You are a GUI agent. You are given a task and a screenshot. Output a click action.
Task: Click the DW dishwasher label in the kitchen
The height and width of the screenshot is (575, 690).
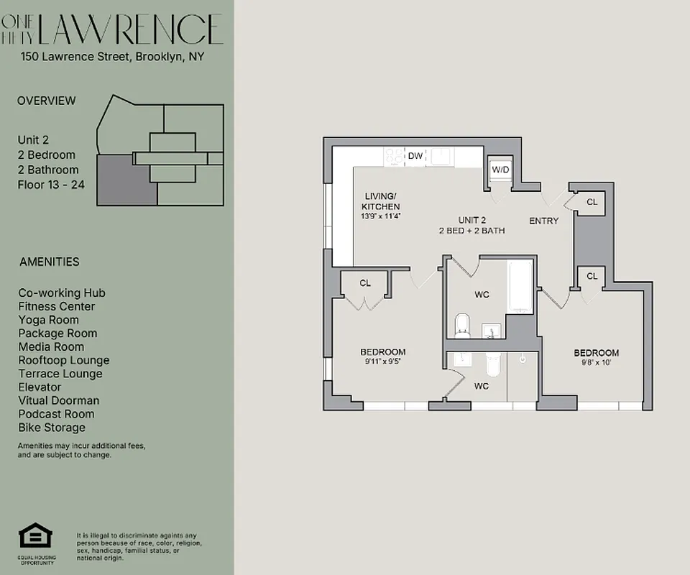click(x=415, y=155)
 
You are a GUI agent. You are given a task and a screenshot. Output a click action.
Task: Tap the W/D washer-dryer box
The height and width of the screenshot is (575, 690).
click(x=500, y=170)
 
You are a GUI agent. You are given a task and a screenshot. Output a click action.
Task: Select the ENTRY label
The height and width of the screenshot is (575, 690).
click(x=543, y=221)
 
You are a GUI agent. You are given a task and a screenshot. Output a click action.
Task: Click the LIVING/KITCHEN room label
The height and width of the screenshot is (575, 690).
click(x=380, y=201)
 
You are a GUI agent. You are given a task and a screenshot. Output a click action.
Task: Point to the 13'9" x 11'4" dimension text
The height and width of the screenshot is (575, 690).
click(x=380, y=216)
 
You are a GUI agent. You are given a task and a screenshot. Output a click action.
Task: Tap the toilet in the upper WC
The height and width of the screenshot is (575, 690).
click(x=463, y=325)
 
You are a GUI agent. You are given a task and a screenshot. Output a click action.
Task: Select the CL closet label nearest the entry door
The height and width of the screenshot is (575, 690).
click(x=592, y=203)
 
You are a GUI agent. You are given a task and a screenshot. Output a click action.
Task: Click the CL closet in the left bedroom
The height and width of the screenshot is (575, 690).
click(x=365, y=283)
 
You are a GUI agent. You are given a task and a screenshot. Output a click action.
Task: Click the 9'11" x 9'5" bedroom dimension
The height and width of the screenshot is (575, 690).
click(x=382, y=362)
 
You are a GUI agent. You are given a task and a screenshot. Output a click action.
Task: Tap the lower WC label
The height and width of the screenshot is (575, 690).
click(x=482, y=386)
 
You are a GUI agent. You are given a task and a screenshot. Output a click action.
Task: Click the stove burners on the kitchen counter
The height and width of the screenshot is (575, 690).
click(x=395, y=155)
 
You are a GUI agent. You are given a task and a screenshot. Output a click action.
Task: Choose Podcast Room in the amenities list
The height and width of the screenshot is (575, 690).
click(x=56, y=414)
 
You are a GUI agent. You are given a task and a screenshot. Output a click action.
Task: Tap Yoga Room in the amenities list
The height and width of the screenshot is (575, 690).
click(x=49, y=320)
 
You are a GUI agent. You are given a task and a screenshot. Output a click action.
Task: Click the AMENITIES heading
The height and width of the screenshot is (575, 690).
click(x=49, y=262)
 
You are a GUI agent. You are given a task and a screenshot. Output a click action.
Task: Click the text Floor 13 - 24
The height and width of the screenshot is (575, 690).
click(x=51, y=185)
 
